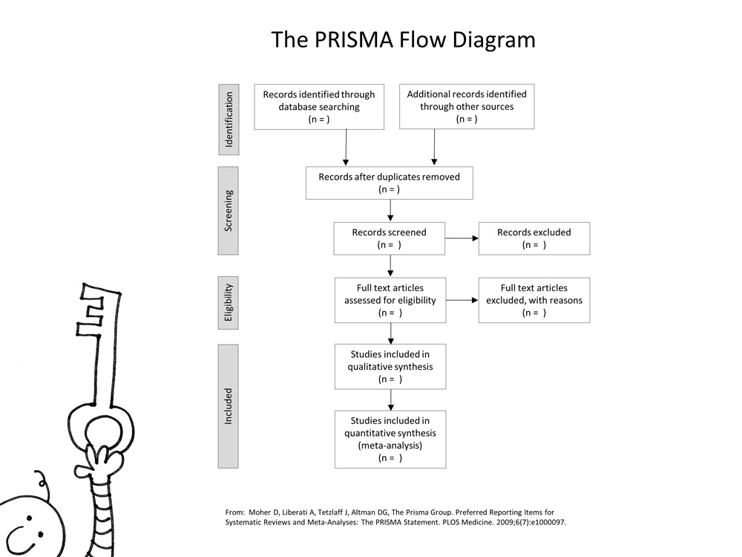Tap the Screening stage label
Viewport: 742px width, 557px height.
tap(229, 210)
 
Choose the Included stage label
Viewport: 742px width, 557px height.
tap(229, 405)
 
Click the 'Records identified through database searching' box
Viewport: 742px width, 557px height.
tap(319, 107)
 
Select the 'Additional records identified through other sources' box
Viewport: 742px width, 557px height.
tap(467, 107)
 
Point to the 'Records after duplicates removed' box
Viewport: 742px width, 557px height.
tap(389, 183)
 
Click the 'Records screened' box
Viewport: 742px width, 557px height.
tap(390, 238)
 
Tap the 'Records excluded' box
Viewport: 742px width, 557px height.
tap(534, 238)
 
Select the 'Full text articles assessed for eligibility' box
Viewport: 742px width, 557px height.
tap(390, 300)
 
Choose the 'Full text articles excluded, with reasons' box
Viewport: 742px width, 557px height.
tap(534, 300)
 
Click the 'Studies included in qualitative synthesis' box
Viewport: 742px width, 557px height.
tap(390, 366)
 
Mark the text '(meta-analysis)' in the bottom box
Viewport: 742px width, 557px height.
tap(390, 446)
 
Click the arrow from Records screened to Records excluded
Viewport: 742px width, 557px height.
tap(462, 238)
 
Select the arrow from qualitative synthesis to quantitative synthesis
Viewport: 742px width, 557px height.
tap(390, 400)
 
